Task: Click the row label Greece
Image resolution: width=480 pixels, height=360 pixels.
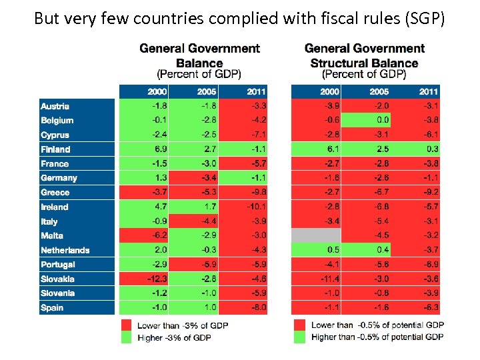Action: tap(55, 193)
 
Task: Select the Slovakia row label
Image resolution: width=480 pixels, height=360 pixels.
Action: tap(57, 279)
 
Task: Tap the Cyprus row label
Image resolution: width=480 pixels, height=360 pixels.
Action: tap(55, 135)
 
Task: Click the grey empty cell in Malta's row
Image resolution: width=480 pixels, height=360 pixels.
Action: tap(315, 235)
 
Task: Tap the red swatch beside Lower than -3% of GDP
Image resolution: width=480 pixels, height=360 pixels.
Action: tap(125, 325)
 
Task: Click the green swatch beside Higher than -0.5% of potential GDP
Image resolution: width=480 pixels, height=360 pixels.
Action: tap(299, 337)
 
